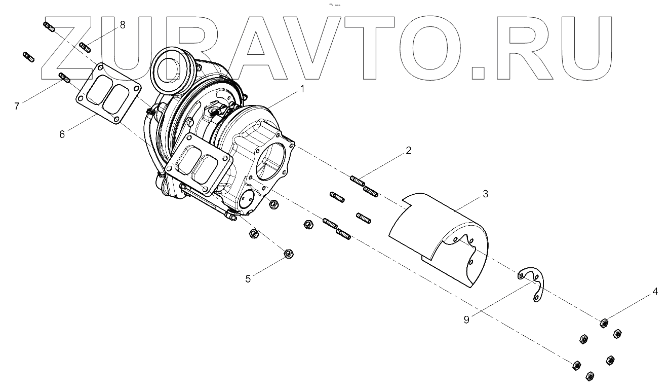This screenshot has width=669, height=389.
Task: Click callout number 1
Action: pos(302,89)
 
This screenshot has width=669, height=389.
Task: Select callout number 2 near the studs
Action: pos(408,151)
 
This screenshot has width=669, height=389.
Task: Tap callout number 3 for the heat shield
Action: pos(485,193)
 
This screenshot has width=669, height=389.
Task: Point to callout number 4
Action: pos(655,292)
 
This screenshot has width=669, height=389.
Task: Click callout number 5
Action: pos(248,278)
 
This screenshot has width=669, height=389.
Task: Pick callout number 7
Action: pos(17,107)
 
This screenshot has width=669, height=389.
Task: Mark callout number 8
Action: pos(122,24)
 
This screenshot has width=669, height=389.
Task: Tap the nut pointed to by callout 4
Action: pos(603,323)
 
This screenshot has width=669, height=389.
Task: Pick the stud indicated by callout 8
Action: pos(85,48)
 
